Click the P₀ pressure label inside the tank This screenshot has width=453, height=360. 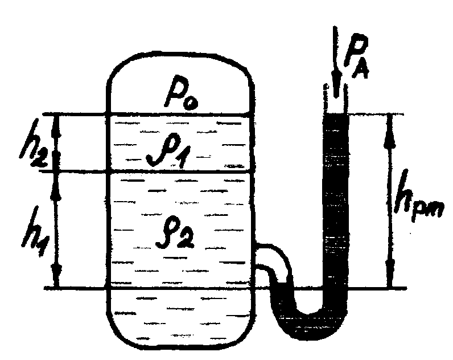point(181,92)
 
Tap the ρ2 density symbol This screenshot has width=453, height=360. point(175,234)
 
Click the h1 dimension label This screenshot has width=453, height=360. point(35,231)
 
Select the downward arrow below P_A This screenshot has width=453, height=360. point(336,62)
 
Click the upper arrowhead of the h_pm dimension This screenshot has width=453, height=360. point(390,130)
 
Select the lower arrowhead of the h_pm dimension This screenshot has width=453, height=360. point(390,273)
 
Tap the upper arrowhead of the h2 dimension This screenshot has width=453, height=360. point(55,127)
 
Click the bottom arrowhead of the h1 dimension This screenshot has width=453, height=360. point(57,275)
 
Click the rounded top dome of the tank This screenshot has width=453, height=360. point(180,54)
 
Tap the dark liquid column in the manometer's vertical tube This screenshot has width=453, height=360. point(336,202)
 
